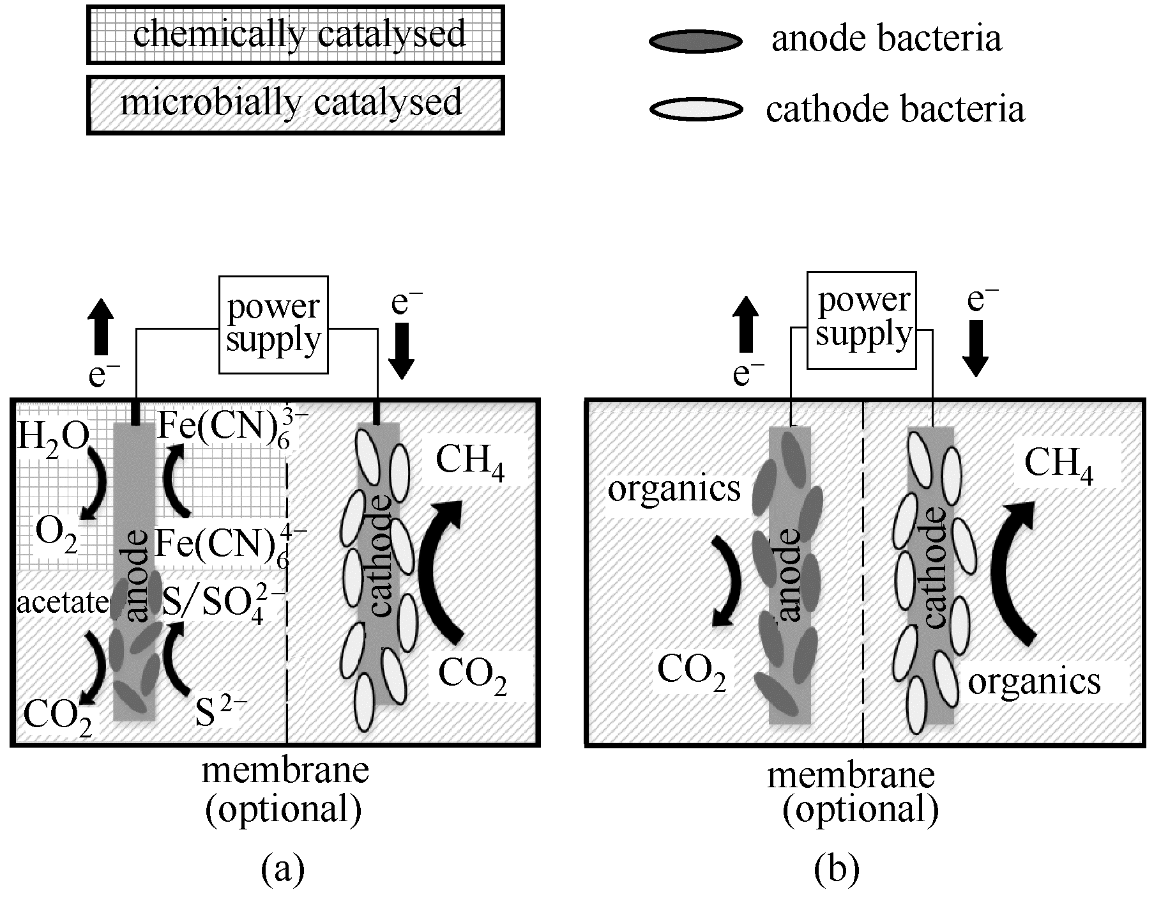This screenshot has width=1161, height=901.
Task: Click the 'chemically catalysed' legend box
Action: (x=295, y=35)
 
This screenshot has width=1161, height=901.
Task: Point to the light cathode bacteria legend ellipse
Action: (x=696, y=109)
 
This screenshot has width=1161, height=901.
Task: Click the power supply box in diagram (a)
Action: (x=273, y=325)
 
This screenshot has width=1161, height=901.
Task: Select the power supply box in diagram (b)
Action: (x=861, y=320)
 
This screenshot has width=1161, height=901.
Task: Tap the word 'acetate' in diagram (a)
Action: (x=63, y=603)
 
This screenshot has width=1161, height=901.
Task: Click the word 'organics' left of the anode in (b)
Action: (x=674, y=489)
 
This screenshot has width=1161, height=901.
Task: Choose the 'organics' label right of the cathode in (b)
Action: (x=1034, y=682)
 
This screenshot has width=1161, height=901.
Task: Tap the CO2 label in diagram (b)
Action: (x=692, y=672)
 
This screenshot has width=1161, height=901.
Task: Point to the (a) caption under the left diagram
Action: (x=283, y=870)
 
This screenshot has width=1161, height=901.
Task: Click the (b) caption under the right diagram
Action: (x=837, y=870)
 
